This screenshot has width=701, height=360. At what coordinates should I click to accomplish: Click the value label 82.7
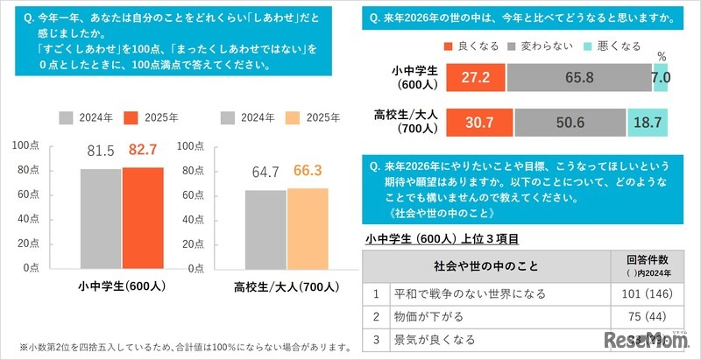pyautogui.click(x=143, y=152)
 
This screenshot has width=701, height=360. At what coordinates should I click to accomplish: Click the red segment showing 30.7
pyautogui.click(x=478, y=123)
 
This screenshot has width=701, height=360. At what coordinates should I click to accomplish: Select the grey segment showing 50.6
pyautogui.click(x=570, y=123)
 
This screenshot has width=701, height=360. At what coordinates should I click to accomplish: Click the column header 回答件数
pyautogui.click(x=648, y=259)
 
